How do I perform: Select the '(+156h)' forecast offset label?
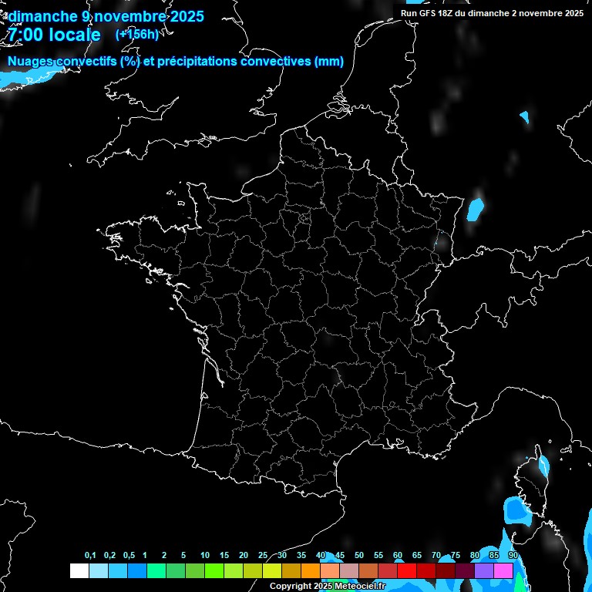[136, 34]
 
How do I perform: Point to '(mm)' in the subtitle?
[329, 62]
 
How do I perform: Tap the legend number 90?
[513, 556]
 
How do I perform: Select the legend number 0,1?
[90, 556]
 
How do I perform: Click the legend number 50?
[359, 556]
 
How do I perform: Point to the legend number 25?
[263, 556]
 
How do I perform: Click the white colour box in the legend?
[79, 570]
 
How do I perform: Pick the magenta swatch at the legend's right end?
[503, 570]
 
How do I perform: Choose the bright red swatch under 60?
[406, 570]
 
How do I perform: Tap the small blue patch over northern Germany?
[525, 117]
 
